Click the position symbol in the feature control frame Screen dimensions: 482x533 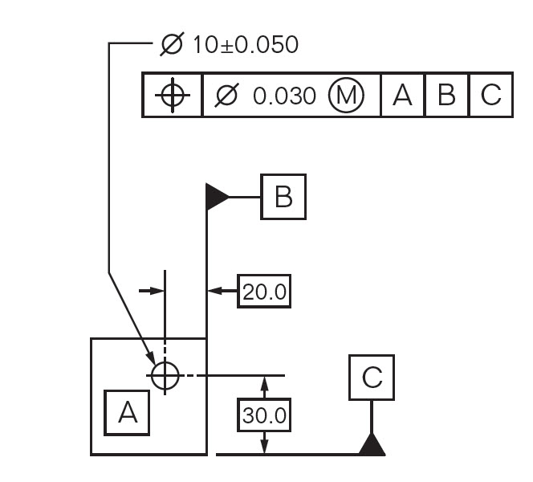tap(172, 96)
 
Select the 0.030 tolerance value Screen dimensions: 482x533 tap(284, 96)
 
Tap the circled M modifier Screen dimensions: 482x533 tap(346, 96)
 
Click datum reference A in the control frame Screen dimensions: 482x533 tap(402, 96)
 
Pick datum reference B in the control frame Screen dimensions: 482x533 tap(446, 96)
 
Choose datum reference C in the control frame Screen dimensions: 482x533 tap(490, 96)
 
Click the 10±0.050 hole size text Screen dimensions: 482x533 tap(244, 44)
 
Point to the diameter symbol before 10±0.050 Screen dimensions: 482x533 tap(172, 44)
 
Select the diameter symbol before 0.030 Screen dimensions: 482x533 tap(227, 96)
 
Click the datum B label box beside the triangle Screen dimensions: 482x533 tap(283, 196)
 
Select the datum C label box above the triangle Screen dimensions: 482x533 tap(372, 378)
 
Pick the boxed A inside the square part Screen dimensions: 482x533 tap(128, 412)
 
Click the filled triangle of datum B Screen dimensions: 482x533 tap(217, 196)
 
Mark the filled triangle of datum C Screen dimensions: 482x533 tap(372, 444)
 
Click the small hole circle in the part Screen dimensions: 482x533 tap(164, 374)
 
